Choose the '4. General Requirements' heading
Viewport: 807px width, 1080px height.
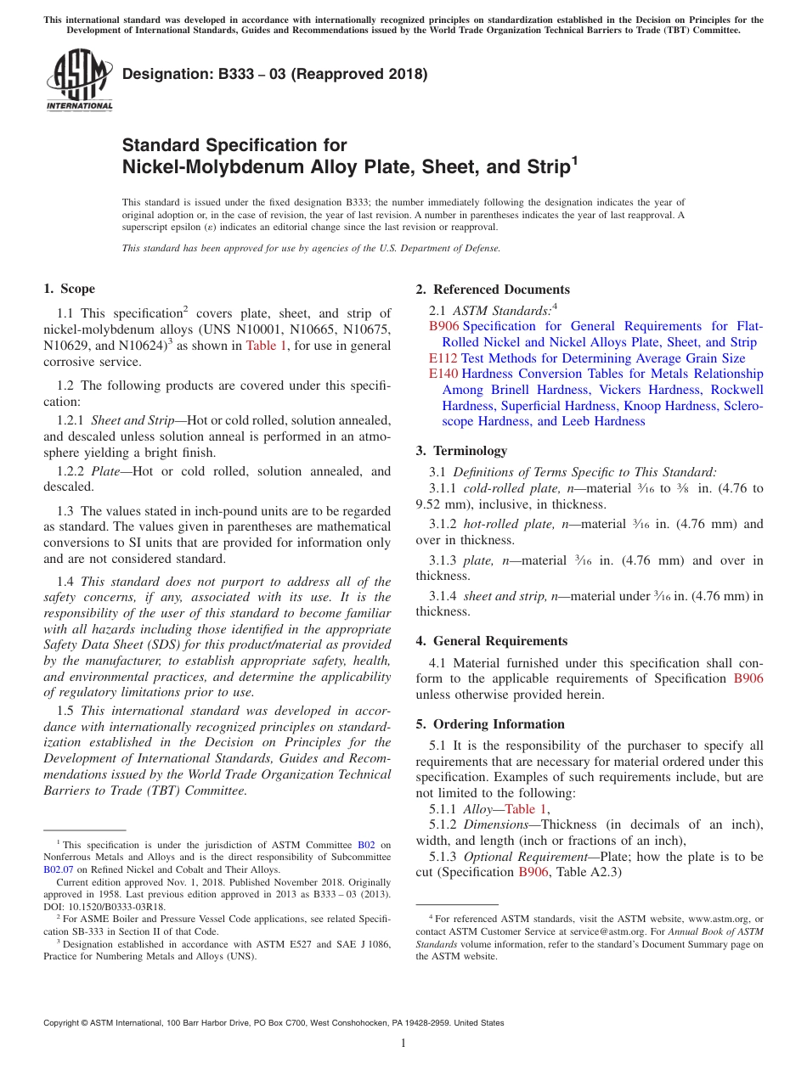pos(492,641)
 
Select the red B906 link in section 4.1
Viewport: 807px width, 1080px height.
pos(748,678)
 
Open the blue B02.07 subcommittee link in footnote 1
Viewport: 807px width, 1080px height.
pos(59,869)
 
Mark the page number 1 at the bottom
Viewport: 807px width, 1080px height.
pos(403,1043)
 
